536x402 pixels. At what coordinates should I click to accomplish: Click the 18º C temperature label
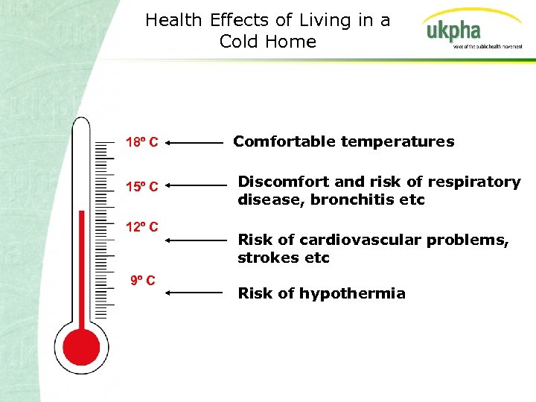coord(141,141)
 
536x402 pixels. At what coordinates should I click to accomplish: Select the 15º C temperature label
coord(141,186)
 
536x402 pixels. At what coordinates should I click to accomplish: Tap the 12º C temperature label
coord(141,226)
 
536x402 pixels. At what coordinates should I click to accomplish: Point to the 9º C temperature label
coord(142,281)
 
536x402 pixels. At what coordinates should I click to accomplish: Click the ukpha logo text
coord(453,31)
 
